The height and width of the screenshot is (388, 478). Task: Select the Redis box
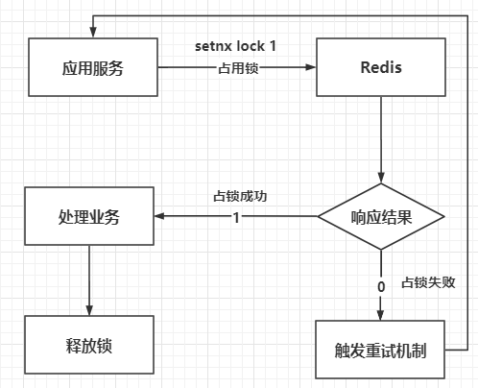point(380,68)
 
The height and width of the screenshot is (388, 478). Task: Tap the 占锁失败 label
point(428,283)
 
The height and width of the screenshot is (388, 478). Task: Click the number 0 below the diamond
point(381,285)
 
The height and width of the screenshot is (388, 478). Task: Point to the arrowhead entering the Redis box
point(313,68)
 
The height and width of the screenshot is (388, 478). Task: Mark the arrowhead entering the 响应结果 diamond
point(381,180)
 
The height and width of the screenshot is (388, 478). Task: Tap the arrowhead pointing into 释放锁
point(88,309)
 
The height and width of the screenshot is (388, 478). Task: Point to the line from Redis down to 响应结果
point(381,134)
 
